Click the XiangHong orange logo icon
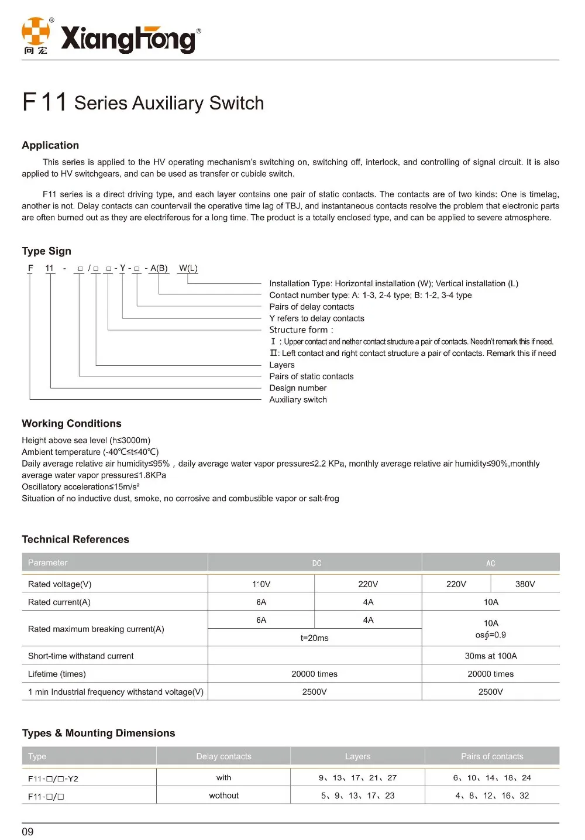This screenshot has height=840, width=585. pyautogui.click(x=36, y=32)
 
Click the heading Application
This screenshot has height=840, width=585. pyautogui.click(x=50, y=145)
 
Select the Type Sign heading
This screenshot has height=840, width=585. pyautogui.click(x=47, y=251)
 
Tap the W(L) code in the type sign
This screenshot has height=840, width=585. pyautogui.click(x=188, y=268)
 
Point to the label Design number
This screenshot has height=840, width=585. pyautogui.click(x=298, y=388)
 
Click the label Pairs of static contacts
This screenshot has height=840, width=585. pyautogui.click(x=311, y=376)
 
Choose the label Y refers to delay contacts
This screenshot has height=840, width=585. pyautogui.click(x=316, y=318)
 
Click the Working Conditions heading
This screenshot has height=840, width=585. pyautogui.click(x=71, y=423)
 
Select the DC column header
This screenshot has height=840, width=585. pyautogui.click(x=316, y=563)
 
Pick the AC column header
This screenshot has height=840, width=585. pyautogui.click(x=491, y=563)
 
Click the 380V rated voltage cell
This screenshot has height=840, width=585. pyautogui.click(x=525, y=584)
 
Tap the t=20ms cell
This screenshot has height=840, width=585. pyautogui.click(x=314, y=638)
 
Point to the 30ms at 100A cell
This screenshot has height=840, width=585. pyautogui.click(x=491, y=656)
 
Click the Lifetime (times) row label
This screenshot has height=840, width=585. pyautogui.click(x=57, y=674)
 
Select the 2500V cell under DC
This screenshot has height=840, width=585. pyautogui.click(x=314, y=692)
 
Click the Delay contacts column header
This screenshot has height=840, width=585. pyautogui.click(x=223, y=756)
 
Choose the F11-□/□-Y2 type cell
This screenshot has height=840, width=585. pyautogui.click(x=53, y=779)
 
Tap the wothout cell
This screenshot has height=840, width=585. pyautogui.click(x=224, y=796)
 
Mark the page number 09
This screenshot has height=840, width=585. pyautogui.click(x=27, y=832)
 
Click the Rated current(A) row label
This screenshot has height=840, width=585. pyautogui.click(x=59, y=602)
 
